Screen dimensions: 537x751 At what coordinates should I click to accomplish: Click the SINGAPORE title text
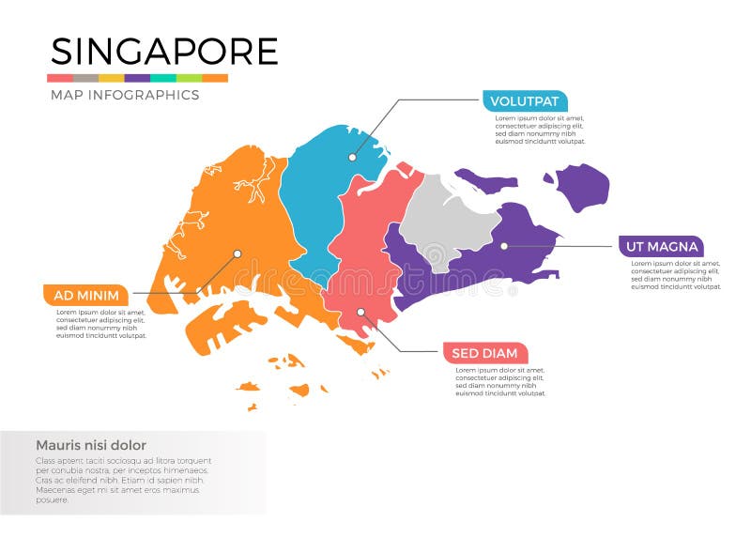164,51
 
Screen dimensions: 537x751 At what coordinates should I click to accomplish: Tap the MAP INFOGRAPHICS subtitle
124,95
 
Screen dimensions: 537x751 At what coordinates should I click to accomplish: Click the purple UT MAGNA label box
661,247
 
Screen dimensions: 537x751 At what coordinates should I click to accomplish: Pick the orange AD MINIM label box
84,294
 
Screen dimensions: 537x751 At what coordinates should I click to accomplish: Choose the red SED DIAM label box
484,353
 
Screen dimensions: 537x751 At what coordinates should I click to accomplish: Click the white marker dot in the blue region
353,157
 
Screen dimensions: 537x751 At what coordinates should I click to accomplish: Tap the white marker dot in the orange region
238,253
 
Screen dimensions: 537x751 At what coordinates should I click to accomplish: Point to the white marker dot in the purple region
504,246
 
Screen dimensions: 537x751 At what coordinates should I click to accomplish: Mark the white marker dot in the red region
360,313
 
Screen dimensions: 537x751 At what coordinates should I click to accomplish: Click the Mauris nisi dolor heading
91,445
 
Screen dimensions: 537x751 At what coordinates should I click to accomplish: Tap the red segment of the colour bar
60,78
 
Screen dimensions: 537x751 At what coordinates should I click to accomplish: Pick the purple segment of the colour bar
137,78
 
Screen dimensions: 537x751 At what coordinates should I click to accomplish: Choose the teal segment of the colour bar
163,78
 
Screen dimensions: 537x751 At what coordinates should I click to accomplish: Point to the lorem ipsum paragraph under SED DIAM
500,381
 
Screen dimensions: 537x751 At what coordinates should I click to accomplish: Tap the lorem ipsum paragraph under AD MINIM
100,323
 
